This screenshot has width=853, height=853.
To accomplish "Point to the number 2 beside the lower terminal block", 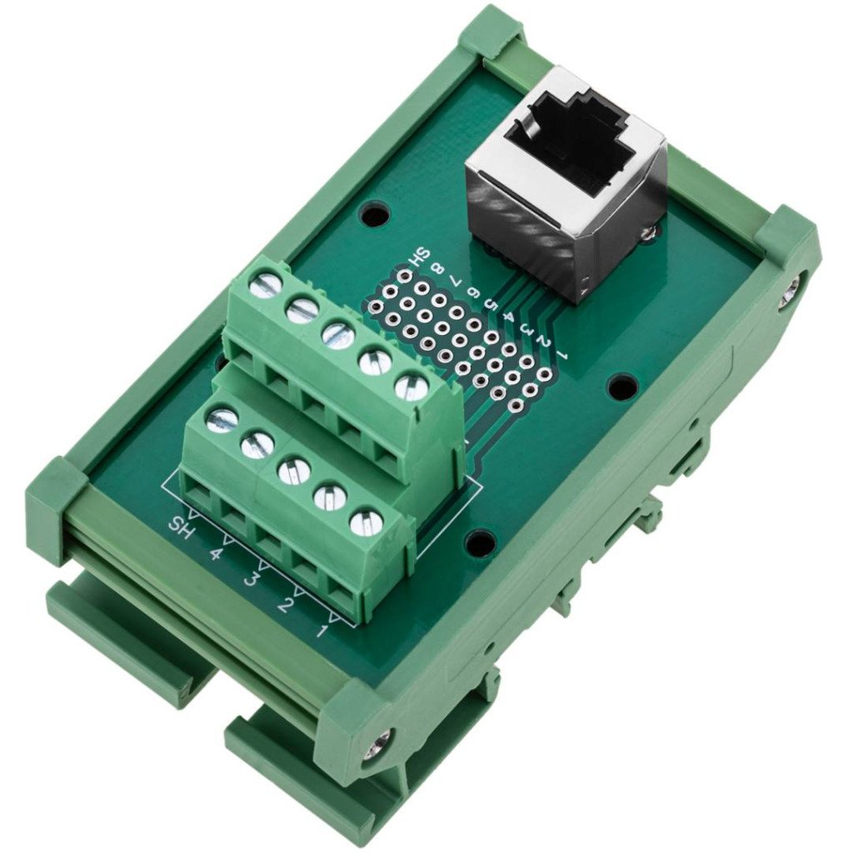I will [x=285, y=604].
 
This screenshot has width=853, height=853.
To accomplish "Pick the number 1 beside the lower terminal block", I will [x=322, y=630].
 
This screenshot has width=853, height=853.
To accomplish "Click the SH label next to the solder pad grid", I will [x=422, y=252].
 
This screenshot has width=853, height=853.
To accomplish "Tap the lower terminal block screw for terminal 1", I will [x=366, y=523].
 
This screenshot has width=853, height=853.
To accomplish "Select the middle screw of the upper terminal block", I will [x=338, y=336].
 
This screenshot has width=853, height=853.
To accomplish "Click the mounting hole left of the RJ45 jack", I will [x=373, y=214].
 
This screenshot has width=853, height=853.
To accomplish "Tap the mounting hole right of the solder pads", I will [x=621, y=386].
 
